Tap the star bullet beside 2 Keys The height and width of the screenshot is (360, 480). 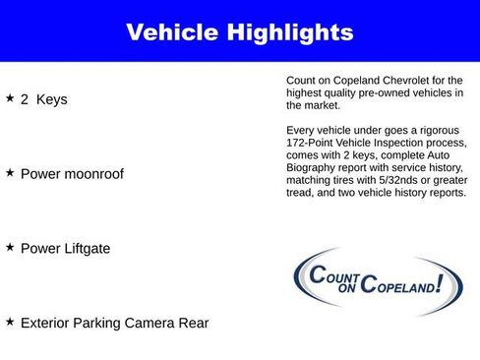tap(10, 98)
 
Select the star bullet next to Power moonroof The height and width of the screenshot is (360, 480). tap(10, 172)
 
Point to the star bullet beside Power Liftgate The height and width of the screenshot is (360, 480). tap(10, 247)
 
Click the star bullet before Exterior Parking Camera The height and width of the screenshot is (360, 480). tap(10, 322)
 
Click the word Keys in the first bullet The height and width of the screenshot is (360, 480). tap(51, 99)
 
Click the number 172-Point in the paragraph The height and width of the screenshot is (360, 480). tap(313, 144)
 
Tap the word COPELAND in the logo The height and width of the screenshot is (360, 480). tap(396, 287)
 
